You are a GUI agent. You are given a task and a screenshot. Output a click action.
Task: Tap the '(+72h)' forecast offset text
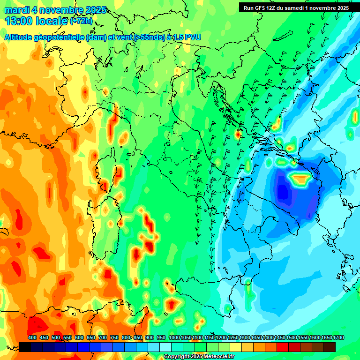pyautogui.click(x=81, y=21)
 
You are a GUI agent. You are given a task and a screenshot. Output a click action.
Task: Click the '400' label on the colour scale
pyautogui.click(x=32, y=337)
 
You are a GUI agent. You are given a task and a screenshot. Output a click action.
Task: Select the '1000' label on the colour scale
pyautogui.click(x=174, y=337)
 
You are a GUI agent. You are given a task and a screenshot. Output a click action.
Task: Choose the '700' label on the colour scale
pyautogui.click(x=103, y=337)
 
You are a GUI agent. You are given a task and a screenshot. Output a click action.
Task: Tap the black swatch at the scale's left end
pyautogui.click(x=25, y=347)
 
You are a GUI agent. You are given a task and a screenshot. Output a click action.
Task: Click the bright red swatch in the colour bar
pyautogui.click(x=283, y=347)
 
